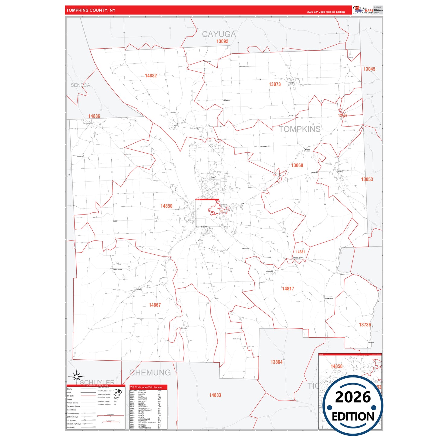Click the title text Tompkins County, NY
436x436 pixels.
click(x=91, y=10)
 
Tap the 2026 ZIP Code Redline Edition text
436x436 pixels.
click(x=326, y=12)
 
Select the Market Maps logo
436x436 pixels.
click(x=363, y=10)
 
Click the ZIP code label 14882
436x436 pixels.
click(x=151, y=76)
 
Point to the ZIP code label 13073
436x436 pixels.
click(x=275, y=84)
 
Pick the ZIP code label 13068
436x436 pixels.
click(x=297, y=165)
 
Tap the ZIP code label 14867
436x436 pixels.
click(x=155, y=305)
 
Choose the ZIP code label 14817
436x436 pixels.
click(x=288, y=289)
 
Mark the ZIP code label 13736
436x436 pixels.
click(x=365, y=325)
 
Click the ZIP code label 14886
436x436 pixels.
click(x=94, y=116)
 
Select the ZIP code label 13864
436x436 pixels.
click(x=276, y=362)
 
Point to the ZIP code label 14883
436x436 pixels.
click(x=215, y=395)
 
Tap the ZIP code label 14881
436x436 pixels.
click(x=300, y=252)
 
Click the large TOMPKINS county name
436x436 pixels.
click(x=300, y=129)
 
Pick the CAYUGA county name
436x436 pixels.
click(x=219, y=34)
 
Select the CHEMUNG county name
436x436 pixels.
click(x=150, y=373)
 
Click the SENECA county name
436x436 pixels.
click(x=80, y=85)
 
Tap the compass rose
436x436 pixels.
click(x=77, y=376)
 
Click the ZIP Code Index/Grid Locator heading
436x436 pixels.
click(x=146, y=387)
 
